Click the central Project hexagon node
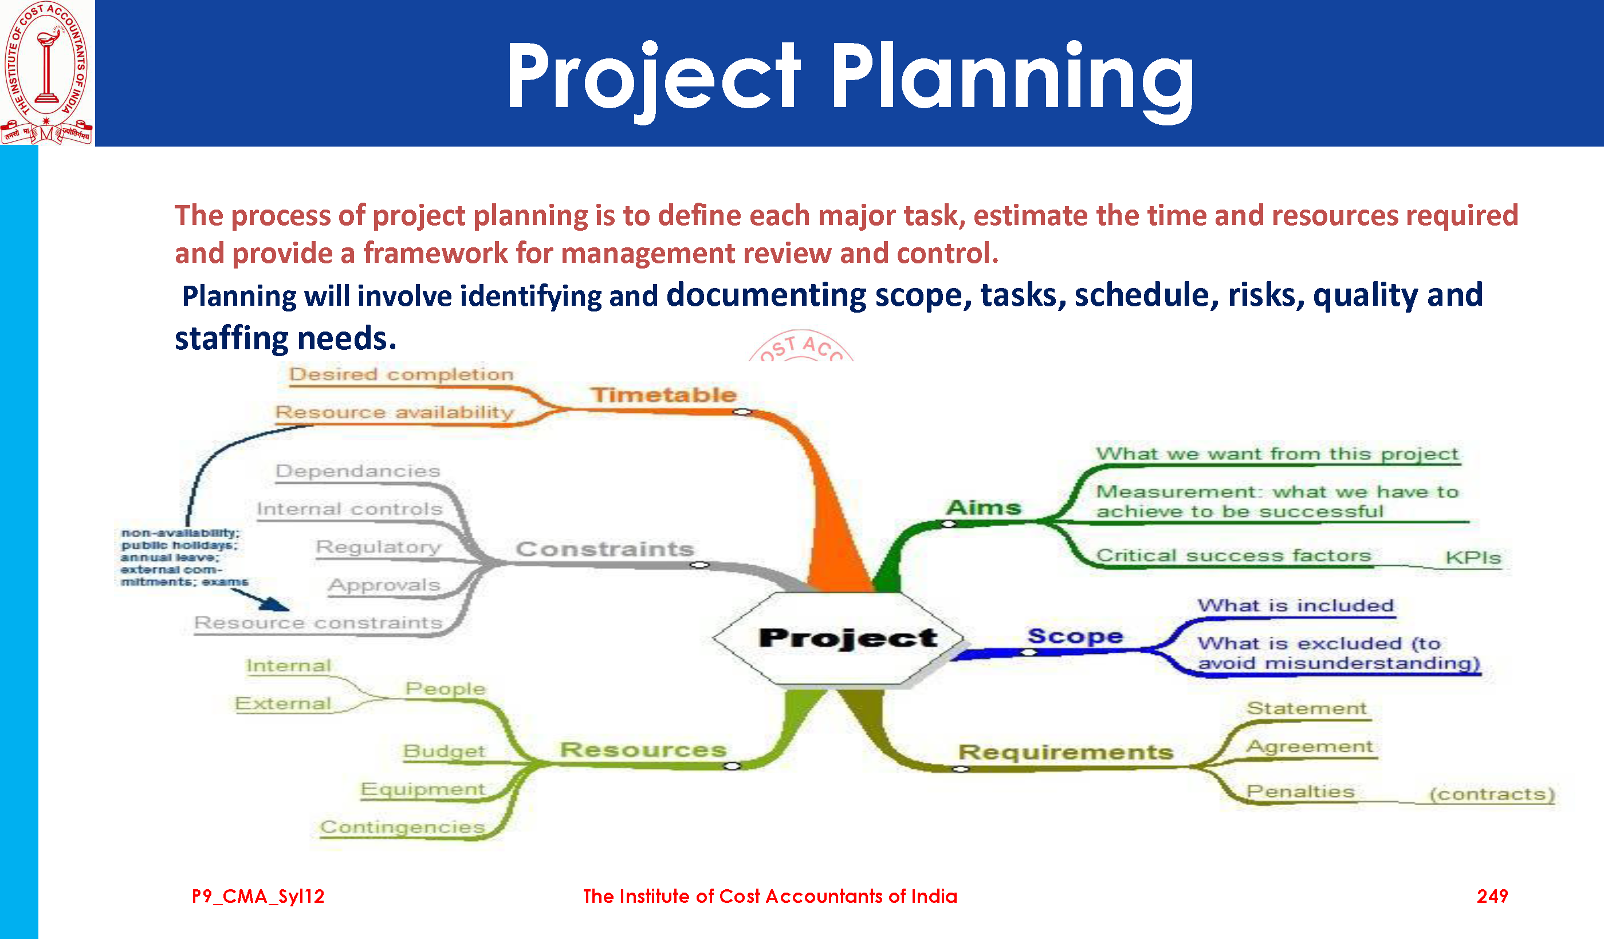838,638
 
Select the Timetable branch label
663,395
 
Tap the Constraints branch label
605,549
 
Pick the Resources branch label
643,749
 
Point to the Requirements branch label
1066,752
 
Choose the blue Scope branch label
1075,636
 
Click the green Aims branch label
984,508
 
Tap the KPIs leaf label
1473,558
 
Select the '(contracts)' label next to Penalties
1492,794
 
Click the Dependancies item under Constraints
357,471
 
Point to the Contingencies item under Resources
402,827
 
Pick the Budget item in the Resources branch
445,751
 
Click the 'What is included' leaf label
1296,606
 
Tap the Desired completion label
401,374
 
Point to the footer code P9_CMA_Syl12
258,897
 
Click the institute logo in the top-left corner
47,73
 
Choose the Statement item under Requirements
1306,708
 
